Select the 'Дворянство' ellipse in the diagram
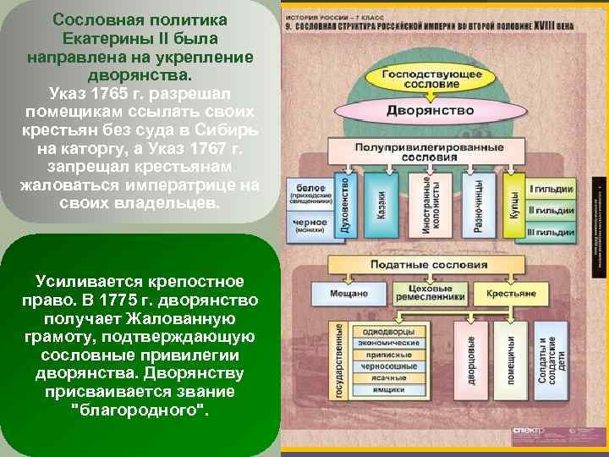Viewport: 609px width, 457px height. point(431,110)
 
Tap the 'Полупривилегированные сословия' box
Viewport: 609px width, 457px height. point(430,152)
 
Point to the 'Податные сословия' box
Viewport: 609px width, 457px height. point(430,264)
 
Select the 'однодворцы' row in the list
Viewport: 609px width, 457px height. point(391,331)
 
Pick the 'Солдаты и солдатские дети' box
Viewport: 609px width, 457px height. point(549,359)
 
